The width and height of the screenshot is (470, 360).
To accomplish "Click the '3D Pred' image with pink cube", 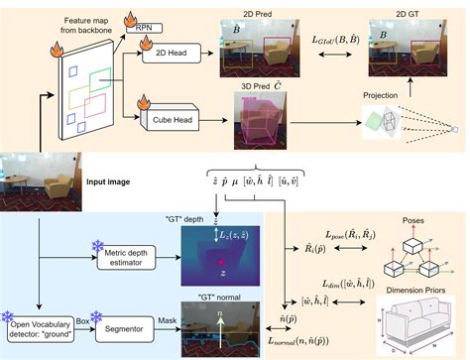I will tap(262, 130).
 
